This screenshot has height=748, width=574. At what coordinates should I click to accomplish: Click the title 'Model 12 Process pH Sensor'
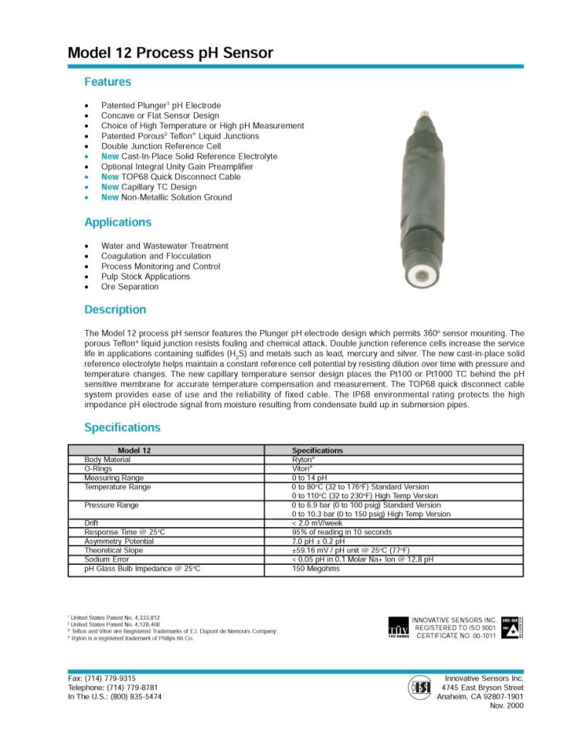coord(170,53)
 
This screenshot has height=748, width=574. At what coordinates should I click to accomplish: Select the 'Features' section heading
coord(107,82)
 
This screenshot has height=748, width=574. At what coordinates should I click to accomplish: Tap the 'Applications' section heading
coord(117,223)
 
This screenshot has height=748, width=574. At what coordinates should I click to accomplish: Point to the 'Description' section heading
coord(114,310)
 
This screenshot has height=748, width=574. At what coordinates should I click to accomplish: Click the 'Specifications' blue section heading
coord(122,427)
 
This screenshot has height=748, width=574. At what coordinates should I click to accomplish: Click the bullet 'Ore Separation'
coord(130,287)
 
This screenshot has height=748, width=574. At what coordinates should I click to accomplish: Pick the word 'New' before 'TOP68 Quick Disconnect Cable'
coord(110,177)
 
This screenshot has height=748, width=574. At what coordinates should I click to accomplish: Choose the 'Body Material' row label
coord(107,460)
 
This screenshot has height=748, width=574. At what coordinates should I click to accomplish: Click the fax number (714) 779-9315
coord(102,678)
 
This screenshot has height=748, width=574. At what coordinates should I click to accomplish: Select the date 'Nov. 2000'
coord(506,705)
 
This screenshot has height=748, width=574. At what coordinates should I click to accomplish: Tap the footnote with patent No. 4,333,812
coord(114,618)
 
